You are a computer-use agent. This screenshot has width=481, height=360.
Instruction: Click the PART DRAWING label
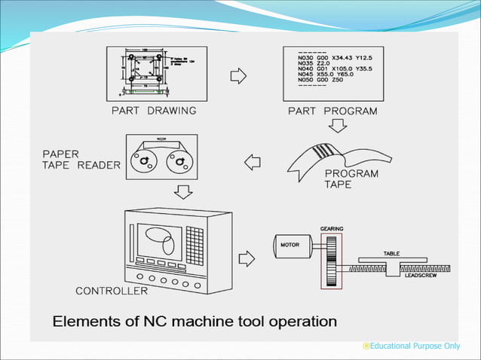[x=153, y=111]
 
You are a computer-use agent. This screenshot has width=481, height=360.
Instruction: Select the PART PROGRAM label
[x=332, y=111]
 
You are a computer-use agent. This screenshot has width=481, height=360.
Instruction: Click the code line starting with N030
[x=331, y=58]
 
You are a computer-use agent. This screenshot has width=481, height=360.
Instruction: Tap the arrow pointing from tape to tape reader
[x=253, y=162]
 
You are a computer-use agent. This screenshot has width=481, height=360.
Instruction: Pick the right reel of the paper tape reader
[x=179, y=160]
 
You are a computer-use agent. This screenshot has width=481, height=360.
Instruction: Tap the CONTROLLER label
[x=112, y=291]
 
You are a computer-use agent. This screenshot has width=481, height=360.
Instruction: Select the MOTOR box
[x=291, y=245]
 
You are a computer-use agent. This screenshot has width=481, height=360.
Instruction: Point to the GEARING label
[x=332, y=227]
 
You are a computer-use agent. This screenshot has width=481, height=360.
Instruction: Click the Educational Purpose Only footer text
[x=410, y=346]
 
